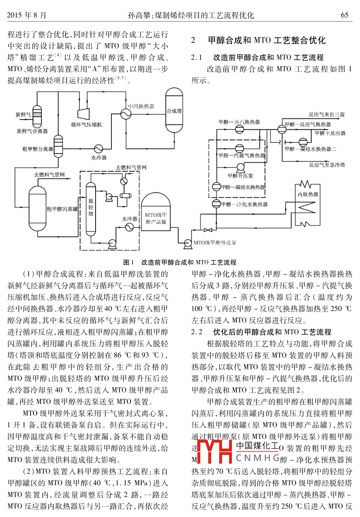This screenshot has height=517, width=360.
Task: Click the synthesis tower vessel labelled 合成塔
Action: click(174, 111)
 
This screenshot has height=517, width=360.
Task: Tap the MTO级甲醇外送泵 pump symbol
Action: click(188, 242)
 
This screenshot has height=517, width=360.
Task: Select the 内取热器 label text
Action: click(308, 194)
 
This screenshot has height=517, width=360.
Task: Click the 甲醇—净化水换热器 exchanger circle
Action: click(216, 204)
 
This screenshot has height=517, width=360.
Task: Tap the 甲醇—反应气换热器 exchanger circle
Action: click(281, 129)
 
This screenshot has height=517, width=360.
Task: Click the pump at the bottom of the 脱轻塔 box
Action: click(111, 243)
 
